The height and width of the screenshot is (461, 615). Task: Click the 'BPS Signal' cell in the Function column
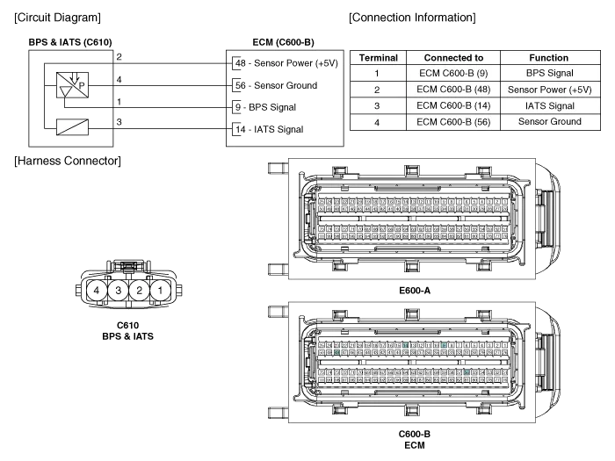(x=549, y=74)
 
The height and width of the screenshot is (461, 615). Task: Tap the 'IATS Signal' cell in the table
(x=549, y=105)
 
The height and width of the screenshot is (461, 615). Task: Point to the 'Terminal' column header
(x=377, y=58)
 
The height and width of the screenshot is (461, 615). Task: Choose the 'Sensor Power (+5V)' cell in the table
(x=549, y=90)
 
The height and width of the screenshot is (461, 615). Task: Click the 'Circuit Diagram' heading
(x=58, y=18)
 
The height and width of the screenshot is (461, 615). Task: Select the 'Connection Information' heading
(x=413, y=18)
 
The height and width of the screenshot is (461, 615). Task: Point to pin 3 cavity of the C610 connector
(x=118, y=290)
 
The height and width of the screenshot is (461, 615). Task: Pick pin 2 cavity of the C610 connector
(x=140, y=290)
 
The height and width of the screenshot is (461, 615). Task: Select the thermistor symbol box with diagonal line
(x=74, y=126)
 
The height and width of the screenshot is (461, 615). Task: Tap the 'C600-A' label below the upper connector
(x=415, y=290)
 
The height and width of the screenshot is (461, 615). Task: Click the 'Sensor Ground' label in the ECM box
(x=285, y=85)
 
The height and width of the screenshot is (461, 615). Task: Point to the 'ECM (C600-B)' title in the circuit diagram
(x=283, y=42)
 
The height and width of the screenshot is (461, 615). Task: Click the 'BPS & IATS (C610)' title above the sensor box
(x=70, y=42)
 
